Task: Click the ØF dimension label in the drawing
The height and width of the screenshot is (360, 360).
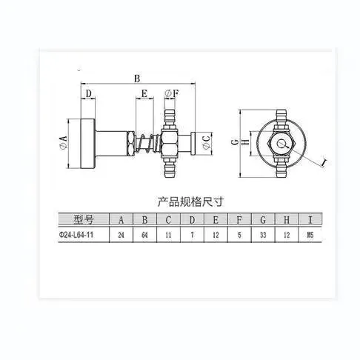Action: (170, 94)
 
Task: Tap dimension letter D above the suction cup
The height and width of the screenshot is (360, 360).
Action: (87, 94)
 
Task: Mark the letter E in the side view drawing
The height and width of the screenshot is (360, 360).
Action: (145, 94)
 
